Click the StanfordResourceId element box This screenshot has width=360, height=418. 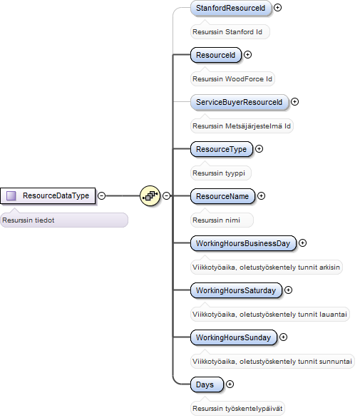pos(231,8)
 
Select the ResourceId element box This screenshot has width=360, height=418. pos(216,55)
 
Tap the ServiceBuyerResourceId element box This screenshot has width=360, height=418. pos(240,102)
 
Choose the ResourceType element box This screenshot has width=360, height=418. pos(222,149)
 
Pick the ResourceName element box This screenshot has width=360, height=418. pos(222,196)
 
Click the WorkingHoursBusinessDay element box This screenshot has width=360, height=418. pos(243,243)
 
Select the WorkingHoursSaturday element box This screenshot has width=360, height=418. pos(236,290)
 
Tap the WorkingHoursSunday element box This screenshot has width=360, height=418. pos(234,337)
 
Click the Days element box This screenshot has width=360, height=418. pos(207,384)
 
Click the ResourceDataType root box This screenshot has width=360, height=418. pos(48,196)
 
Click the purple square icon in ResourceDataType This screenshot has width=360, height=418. pos(11,195)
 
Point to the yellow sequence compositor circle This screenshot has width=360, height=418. pos(150,196)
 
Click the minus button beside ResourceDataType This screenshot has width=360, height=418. pos(101,195)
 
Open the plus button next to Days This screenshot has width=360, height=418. pos(230,384)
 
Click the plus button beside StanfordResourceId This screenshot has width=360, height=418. pos(277,7)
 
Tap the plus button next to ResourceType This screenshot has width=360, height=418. pos(259,149)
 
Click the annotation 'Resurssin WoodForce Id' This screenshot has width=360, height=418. pos(232,79)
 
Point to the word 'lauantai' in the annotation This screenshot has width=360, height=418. pos(336,315)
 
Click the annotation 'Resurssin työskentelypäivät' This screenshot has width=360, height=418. pos(237,409)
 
